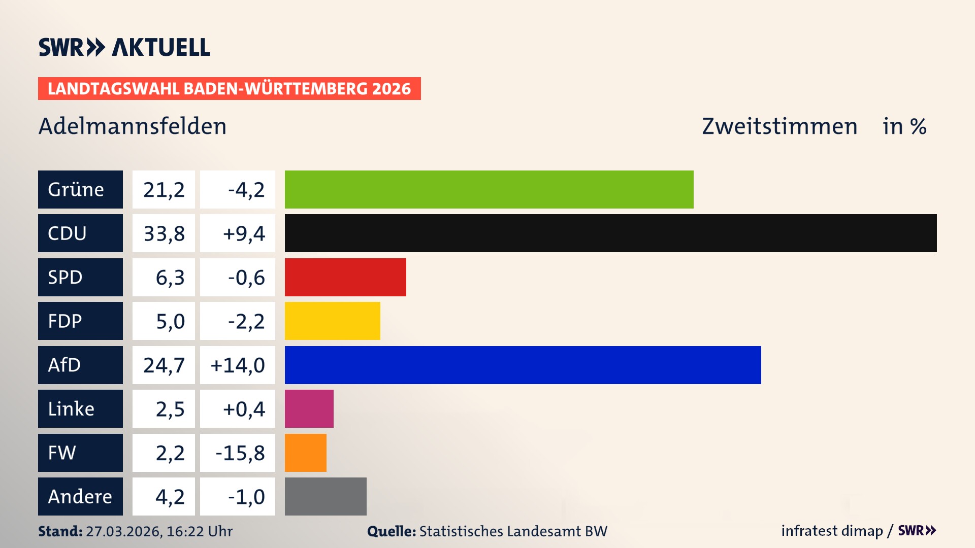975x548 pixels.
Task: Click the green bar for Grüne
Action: pyautogui.click(x=489, y=189)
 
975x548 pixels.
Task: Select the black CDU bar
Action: pyautogui.click(x=610, y=233)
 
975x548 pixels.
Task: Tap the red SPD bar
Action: pyautogui.click(x=345, y=277)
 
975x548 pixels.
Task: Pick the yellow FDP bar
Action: pyautogui.click(x=332, y=321)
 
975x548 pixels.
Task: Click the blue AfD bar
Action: pyautogui.click(x=523, y=365)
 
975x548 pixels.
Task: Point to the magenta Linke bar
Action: pyautogui.click(x=309, y=408)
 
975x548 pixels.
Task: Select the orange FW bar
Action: pyautogui.click(x=305, y=453)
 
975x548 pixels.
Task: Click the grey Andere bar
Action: pyautogui.click(x=326, y=496)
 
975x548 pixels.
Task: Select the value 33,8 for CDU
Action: pyautogui.click(x=164, y=233)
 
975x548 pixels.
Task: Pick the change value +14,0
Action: pyautogui.click(x=238, y=365)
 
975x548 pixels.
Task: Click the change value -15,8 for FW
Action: pyautogui.click(x=240, y=453)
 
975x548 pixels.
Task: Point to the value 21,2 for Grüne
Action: pyautogui.click(x=164, y=190)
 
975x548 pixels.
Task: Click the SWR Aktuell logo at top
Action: pyautogui.click(x=124, y=47)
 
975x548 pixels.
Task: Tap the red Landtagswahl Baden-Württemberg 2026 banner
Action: pyautogui.click(x=229, y=88)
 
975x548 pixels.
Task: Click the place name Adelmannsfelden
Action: pyautogui.click(x=133, y=126)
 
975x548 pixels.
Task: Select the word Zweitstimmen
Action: pyautogui.click(x=779, y=126)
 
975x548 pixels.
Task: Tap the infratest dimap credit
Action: pyautogui.click(x=832, y=531)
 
